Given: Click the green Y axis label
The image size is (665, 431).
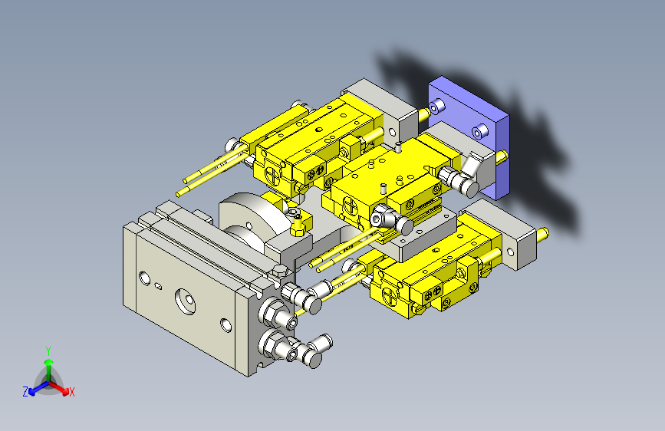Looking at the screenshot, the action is pos(48,351).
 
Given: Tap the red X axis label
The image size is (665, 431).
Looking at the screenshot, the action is pos(71,392).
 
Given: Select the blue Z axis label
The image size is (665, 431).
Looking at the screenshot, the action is pos(25,392).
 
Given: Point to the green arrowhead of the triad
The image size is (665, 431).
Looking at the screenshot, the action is pos(49,362).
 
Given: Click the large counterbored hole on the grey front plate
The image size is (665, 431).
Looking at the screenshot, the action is pos(186,301).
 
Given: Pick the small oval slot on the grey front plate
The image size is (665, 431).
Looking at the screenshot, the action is pos(158,286).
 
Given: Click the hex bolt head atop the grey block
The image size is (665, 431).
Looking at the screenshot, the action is pos(280,270).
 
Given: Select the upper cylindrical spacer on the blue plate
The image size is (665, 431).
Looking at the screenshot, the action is pos(436,107).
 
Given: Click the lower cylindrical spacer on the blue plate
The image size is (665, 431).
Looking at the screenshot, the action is pos(479,130).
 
